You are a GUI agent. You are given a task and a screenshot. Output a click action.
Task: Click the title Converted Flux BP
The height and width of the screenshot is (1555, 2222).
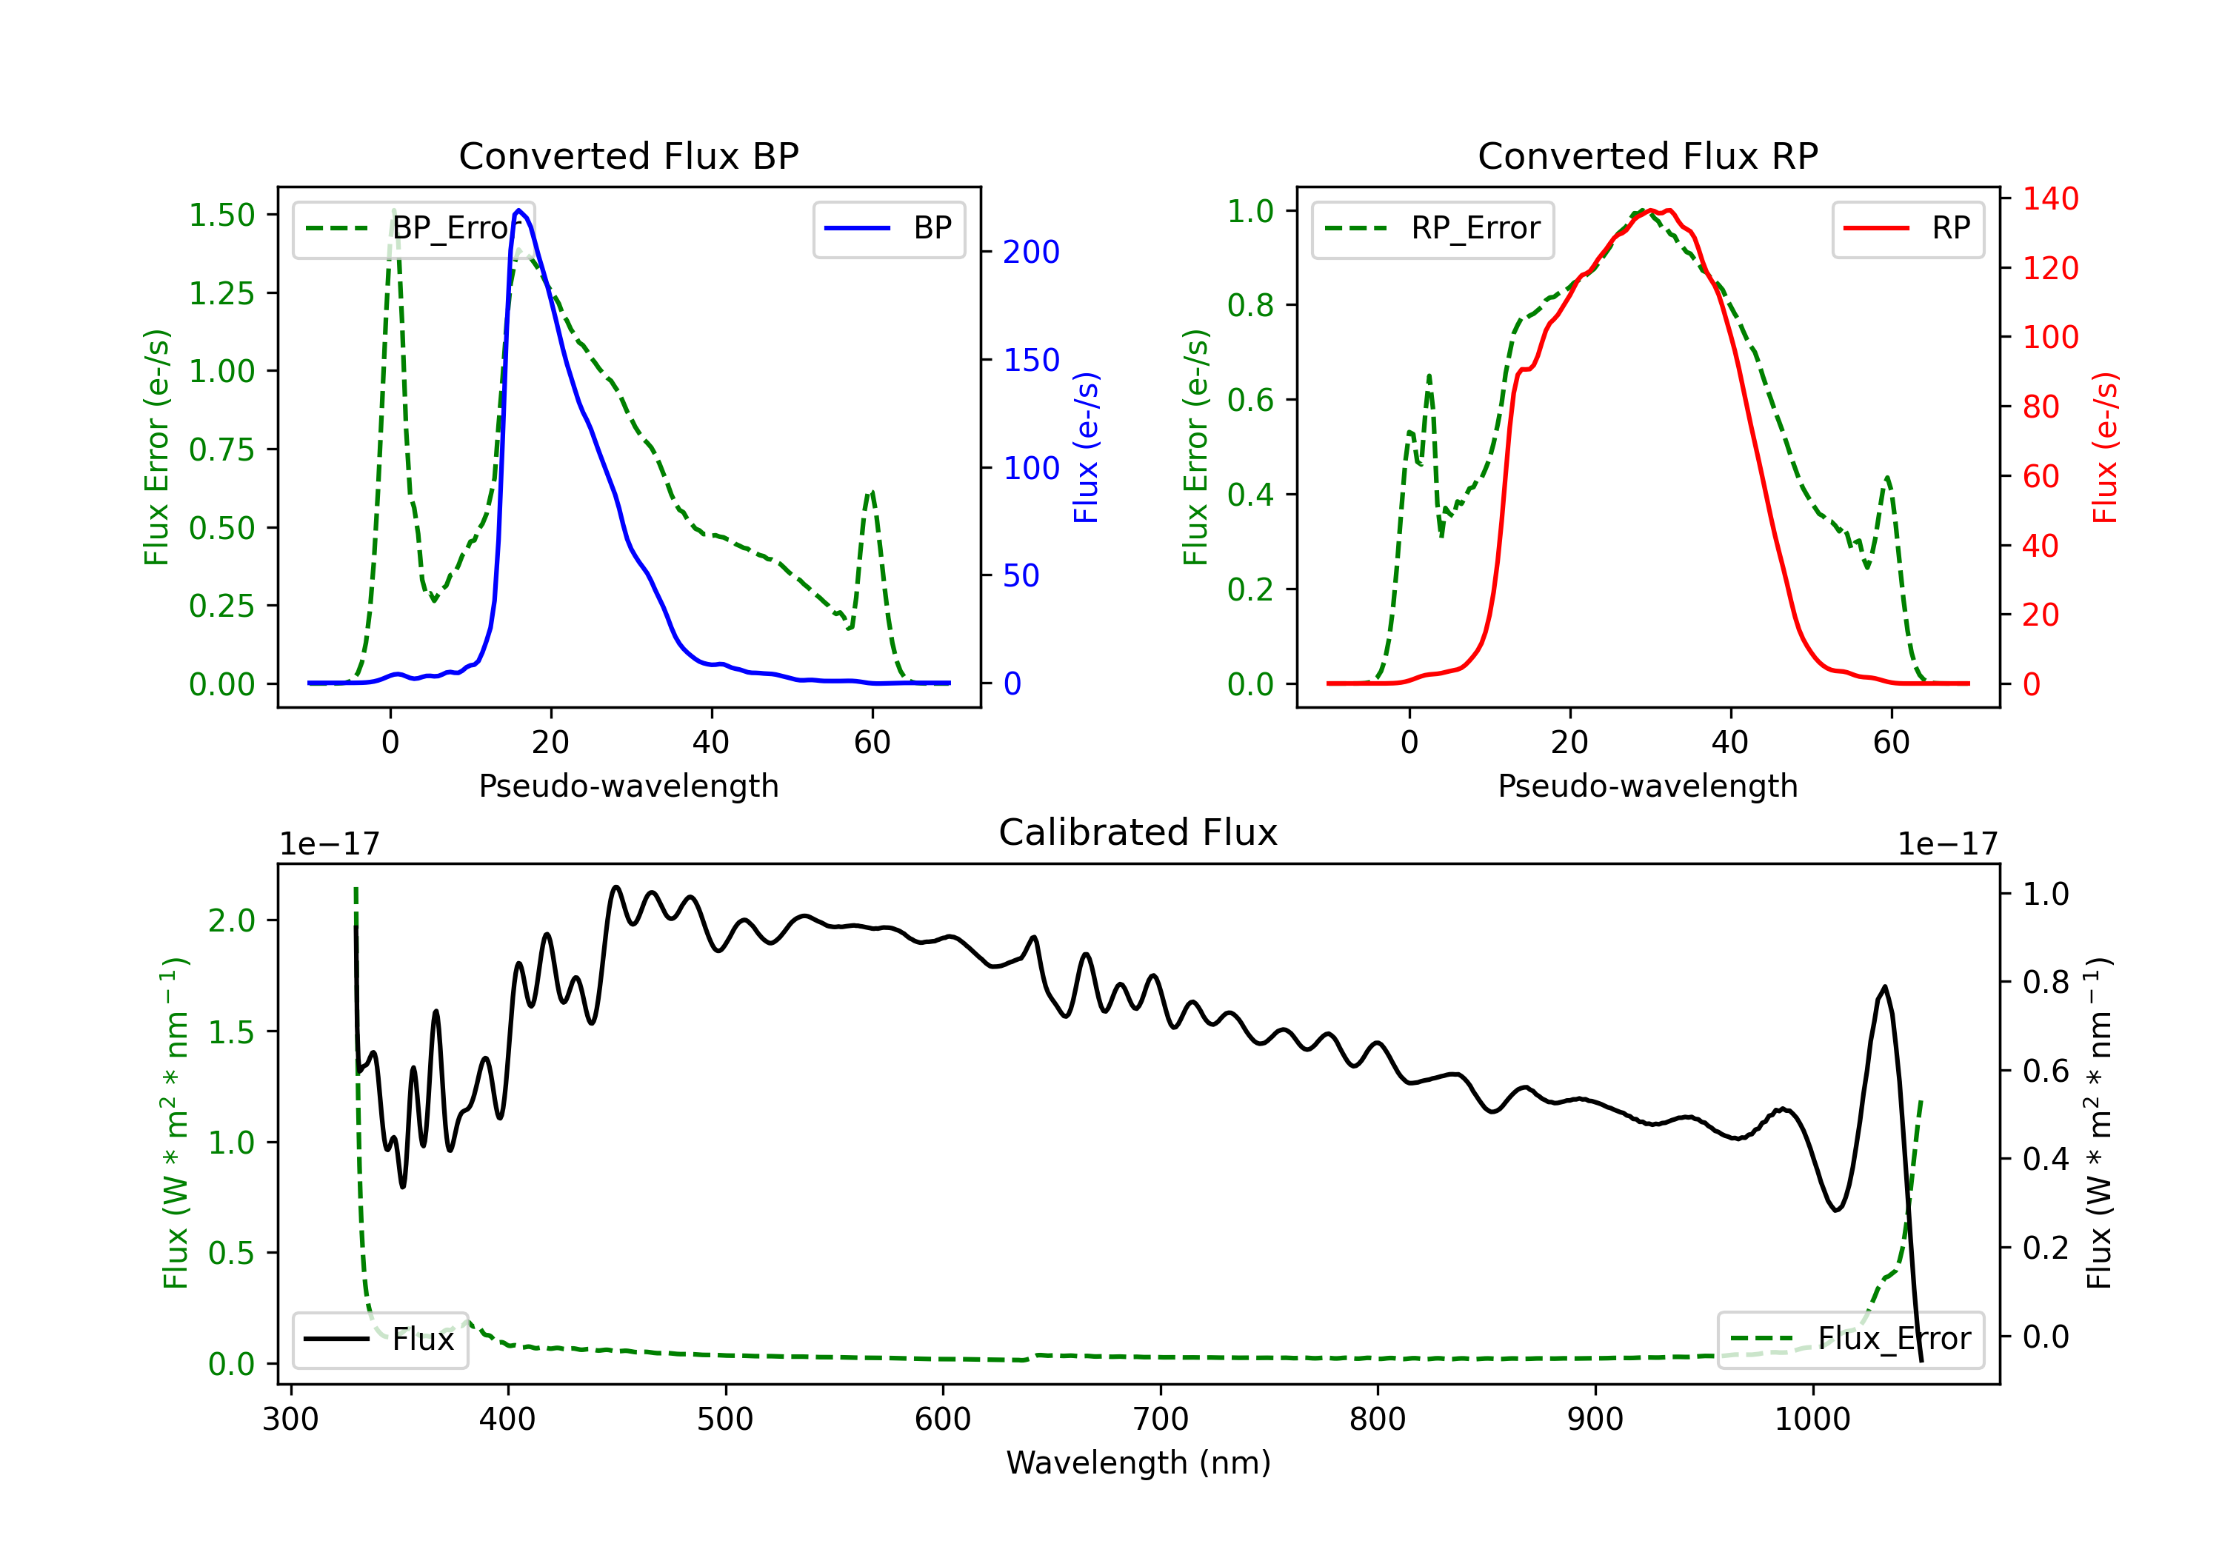(x=629, y=155)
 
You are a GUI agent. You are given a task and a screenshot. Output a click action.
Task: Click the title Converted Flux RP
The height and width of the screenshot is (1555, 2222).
(x=1648, y=155)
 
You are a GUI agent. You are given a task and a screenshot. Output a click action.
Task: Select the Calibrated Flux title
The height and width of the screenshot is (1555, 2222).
(x=1138, y=832)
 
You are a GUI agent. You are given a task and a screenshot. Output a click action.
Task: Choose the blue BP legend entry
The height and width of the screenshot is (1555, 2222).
(x=888, y=228)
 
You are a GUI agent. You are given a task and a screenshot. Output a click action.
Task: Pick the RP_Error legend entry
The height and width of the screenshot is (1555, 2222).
(x=1432, y=228)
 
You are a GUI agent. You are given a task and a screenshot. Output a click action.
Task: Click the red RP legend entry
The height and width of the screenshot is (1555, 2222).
(x=1907, y=228)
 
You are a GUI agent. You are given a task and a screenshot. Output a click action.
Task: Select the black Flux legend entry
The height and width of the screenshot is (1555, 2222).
(x=379, y=1340)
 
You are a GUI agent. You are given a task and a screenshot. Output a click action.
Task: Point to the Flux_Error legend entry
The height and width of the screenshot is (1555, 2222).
(x=1850, y=1340)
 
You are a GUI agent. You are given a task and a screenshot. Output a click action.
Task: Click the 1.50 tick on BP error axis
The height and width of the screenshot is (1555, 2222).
(x=221, y=215)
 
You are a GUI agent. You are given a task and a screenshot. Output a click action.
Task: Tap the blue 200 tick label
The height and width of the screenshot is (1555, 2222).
(x=1031, y=253)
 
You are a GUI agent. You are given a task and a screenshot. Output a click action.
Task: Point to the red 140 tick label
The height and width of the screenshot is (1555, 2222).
(x=2049, y=199)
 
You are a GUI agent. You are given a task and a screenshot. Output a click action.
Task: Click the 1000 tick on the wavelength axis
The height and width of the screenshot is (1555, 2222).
(x=1812, y=1419)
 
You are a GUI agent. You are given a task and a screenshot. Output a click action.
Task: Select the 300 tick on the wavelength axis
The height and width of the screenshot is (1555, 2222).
(x=290, y=1419)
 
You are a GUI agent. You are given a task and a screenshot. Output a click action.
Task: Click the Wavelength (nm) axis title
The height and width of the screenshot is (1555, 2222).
(x=1138, y=1463)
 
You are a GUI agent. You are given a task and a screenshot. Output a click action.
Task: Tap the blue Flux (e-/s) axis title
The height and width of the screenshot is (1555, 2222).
(x=1086, y=447)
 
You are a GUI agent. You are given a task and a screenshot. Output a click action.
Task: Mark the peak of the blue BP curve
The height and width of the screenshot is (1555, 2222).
(x=518, y=210)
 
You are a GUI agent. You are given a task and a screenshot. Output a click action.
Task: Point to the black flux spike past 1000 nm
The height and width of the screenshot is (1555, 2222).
(x=1884, y=987)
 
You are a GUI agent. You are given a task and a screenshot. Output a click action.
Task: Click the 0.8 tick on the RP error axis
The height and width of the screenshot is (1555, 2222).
(x=1250, y=306)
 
